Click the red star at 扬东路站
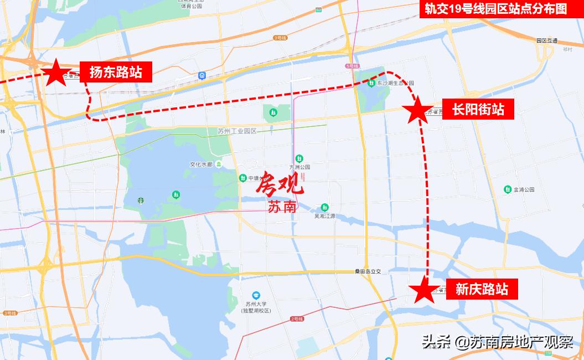(55, 73)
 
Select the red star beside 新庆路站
(425, 290)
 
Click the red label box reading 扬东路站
(116, 72)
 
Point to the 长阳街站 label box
(478, 109)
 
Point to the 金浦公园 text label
(523, 189)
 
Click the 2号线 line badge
(297, 319)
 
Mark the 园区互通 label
(547, 41)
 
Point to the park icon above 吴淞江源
(325, 207)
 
